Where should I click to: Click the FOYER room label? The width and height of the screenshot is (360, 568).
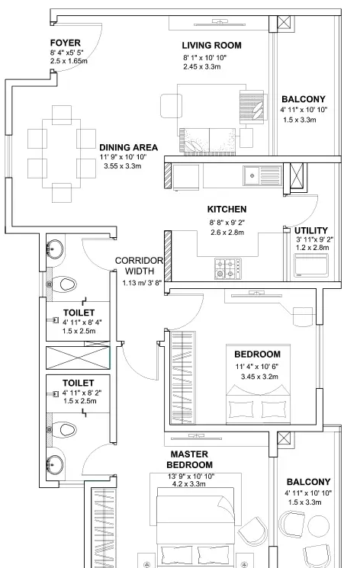[x=66, y=42]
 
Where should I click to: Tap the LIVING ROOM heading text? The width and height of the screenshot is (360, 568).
[x=211, y=45]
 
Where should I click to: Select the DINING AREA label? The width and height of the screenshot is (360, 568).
[x=128, y=147]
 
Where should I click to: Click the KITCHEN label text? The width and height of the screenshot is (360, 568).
[x=227, y=209]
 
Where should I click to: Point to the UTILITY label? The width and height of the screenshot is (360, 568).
[x=310, y=230]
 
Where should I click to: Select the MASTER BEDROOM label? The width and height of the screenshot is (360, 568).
[x=191, y=459]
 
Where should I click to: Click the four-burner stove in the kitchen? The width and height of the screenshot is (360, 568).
[x=227, y=268]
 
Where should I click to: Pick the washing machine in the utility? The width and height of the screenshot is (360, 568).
[x=311, y=265]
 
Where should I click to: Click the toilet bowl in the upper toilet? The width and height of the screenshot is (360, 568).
[x=67, y=284]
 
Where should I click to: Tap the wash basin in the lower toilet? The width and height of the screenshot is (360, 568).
[x=55, y=463]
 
